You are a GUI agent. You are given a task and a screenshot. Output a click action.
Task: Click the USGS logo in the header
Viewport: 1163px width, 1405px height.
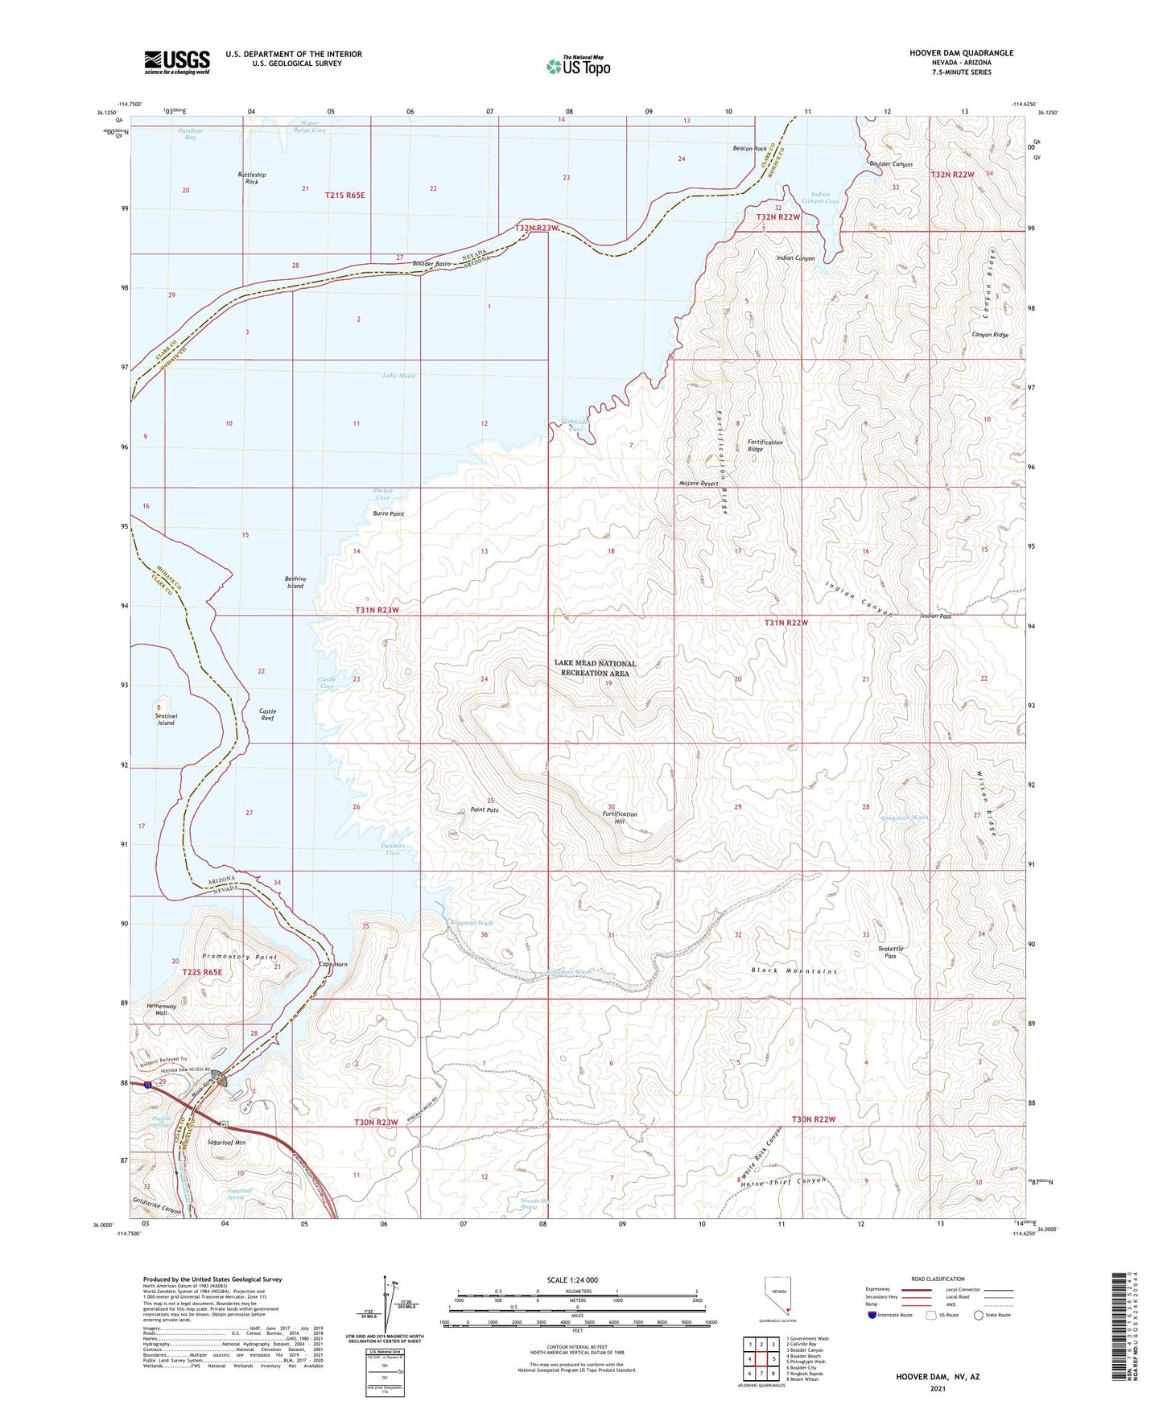177,62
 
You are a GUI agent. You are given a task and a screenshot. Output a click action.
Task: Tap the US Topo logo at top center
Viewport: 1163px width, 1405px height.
578,65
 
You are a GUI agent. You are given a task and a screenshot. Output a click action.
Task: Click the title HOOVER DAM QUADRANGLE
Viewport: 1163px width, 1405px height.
961,53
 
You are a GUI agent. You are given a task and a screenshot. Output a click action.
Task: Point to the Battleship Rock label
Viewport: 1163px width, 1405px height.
252,178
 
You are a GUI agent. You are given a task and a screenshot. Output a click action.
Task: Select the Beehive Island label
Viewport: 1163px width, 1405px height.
295,582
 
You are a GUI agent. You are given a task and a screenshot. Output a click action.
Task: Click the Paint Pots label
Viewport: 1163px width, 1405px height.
485,810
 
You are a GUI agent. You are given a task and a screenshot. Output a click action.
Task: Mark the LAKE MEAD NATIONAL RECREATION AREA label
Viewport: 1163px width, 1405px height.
595,668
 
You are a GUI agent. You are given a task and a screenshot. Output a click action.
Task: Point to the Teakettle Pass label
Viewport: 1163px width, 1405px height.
890,952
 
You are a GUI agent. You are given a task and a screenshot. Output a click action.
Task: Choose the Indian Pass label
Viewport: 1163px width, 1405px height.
936,616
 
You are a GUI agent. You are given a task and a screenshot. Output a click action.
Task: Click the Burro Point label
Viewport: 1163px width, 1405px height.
389,513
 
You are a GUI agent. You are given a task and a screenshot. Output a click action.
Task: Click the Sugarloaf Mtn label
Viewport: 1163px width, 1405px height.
226,1142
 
